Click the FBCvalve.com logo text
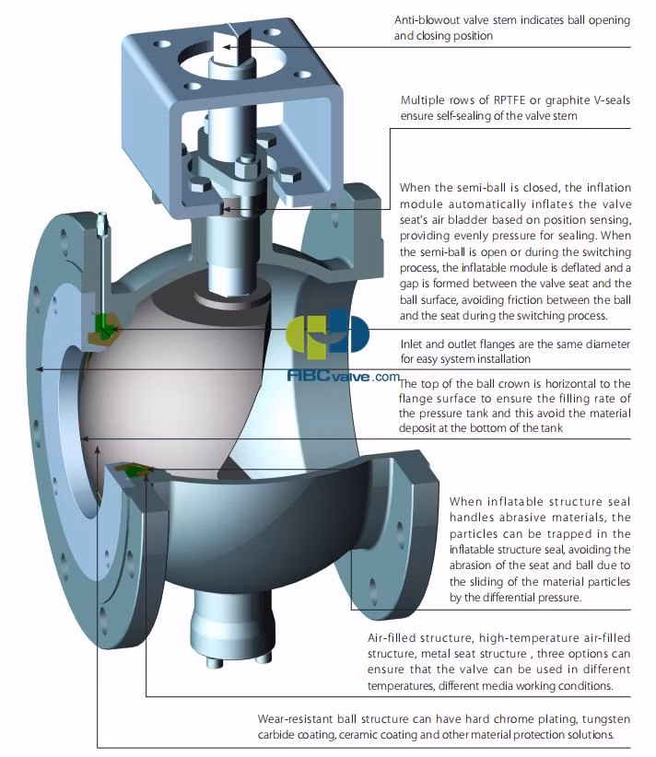click(x=343, y=377)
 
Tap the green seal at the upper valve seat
click(x=104, y=324)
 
